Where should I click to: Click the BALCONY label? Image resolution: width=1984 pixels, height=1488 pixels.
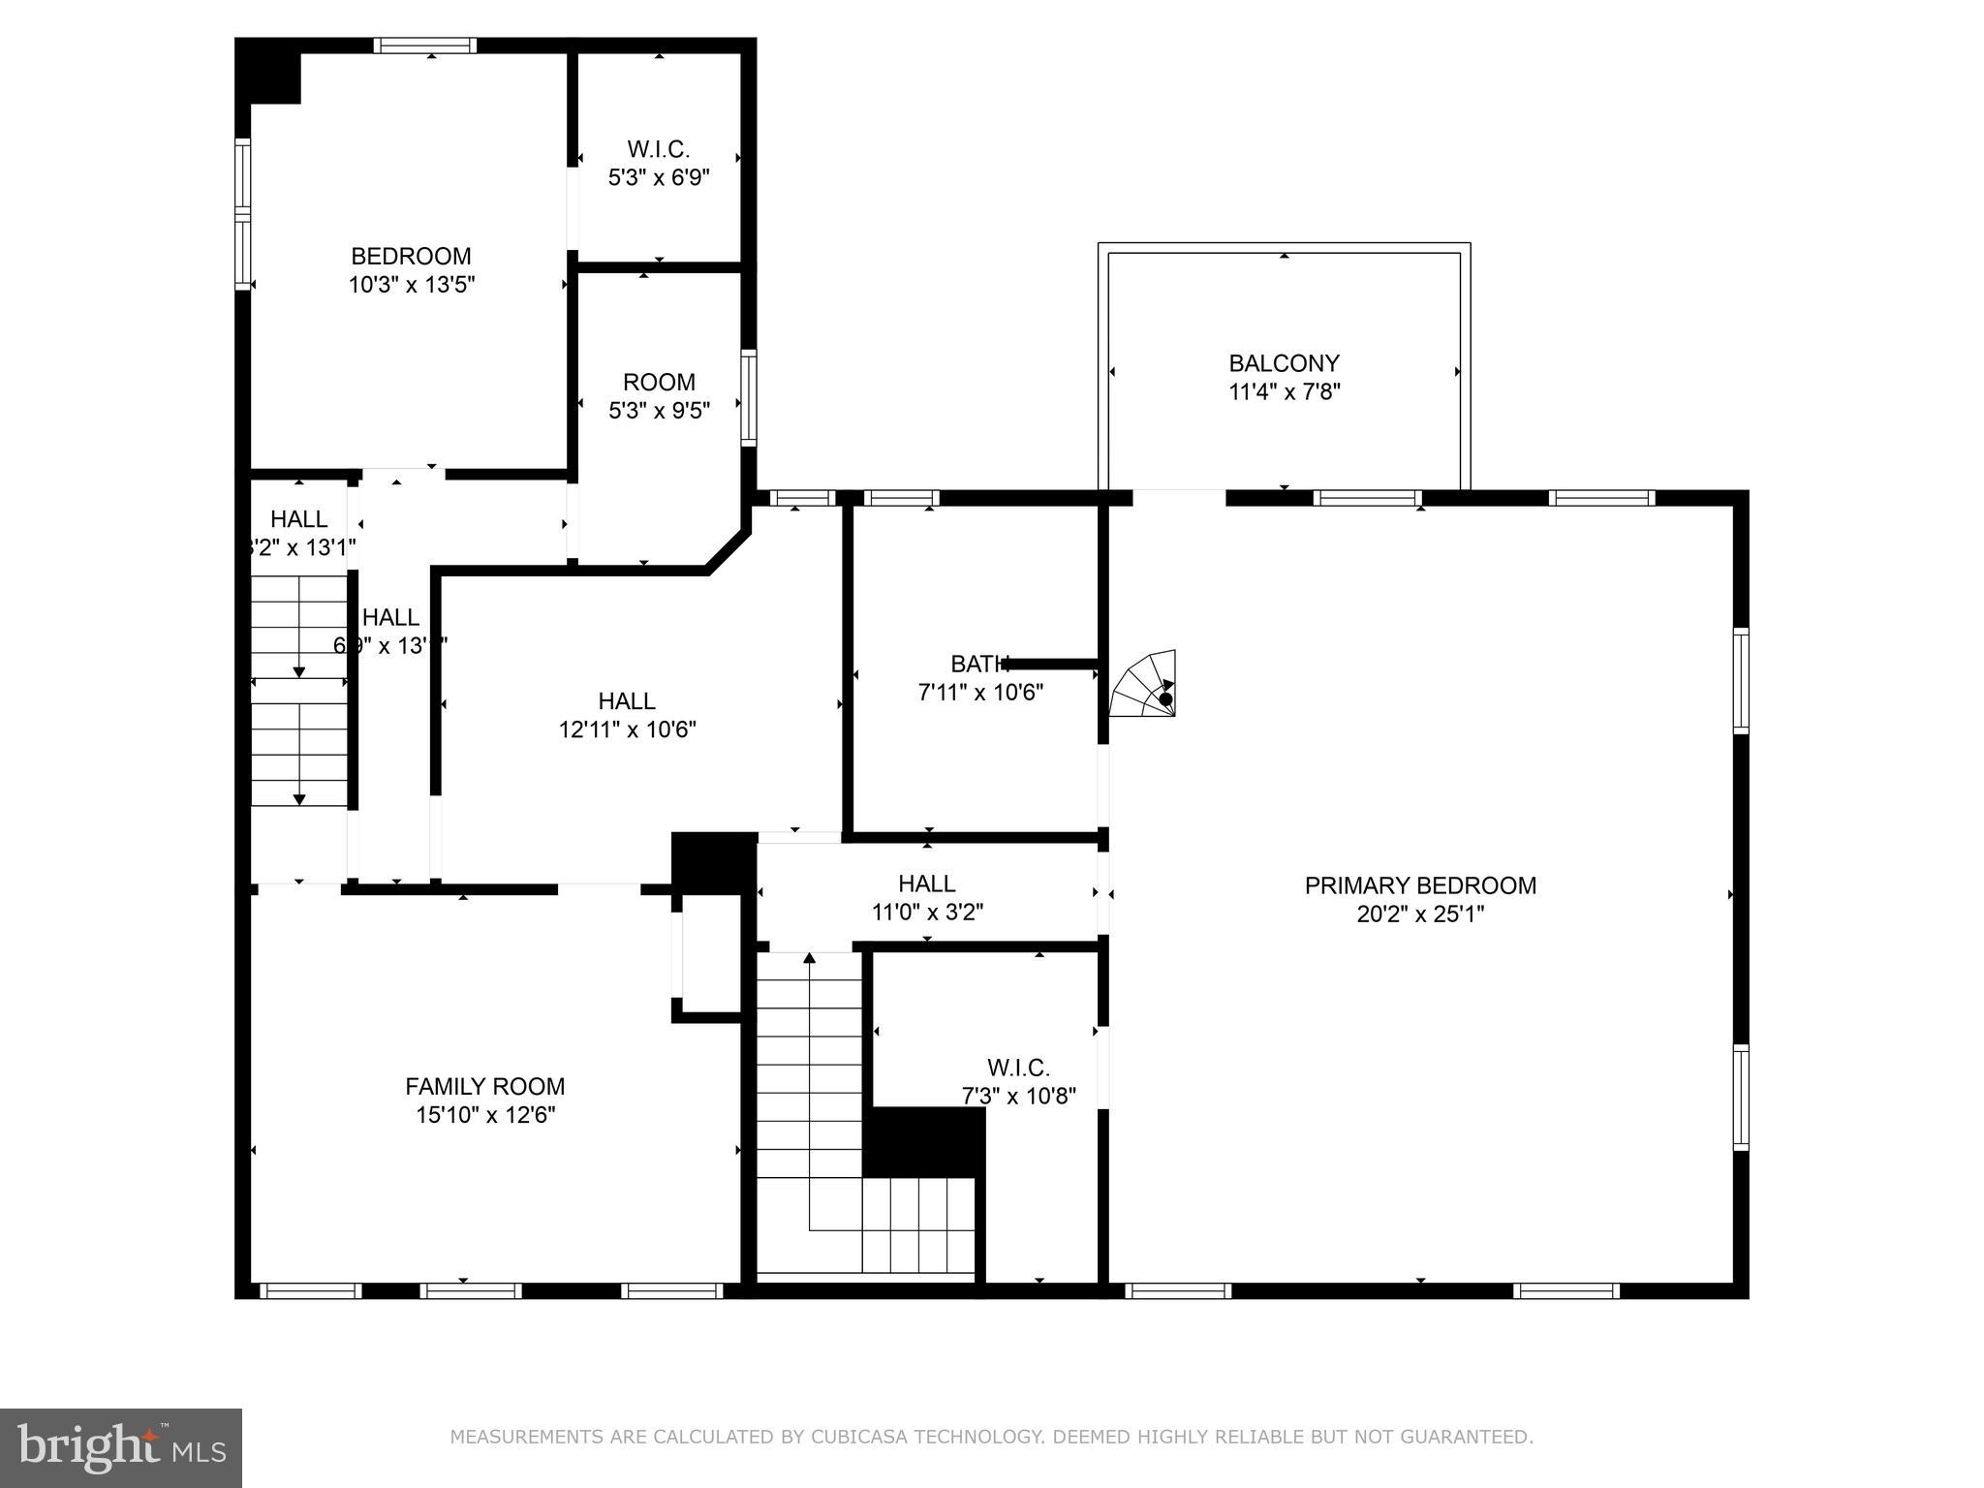point(1284,363)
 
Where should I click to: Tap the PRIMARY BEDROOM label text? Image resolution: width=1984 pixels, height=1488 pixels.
point(1420,885)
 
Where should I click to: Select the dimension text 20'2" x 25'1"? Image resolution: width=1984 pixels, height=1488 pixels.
point(1420,914)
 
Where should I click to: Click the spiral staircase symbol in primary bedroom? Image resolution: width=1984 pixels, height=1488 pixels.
point(1146,686)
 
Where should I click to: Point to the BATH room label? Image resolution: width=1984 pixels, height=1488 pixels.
point(979,664)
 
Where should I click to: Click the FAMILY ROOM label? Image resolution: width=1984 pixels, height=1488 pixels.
point(484,1086)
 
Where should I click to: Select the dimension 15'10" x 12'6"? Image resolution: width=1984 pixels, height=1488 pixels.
point(484,1115)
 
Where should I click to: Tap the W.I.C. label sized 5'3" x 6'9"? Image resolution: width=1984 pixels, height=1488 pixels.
point(659,149)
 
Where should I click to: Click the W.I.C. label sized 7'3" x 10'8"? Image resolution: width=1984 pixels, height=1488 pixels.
point(1018,1068)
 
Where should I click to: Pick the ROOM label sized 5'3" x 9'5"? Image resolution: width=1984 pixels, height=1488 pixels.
point(659,382)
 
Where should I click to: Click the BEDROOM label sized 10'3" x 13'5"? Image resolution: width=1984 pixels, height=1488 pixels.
point(411,256)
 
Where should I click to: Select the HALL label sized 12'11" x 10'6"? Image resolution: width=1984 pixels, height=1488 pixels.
point(627,700)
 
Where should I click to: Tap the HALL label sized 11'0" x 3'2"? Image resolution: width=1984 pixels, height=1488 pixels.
point(927,883)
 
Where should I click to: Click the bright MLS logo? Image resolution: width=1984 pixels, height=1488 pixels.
point(120,1447)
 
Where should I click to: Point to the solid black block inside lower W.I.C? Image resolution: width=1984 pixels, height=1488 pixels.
point(923,1142)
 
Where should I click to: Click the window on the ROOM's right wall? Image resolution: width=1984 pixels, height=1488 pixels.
point(749,397)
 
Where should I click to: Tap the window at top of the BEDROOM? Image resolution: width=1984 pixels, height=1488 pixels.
point(425,46)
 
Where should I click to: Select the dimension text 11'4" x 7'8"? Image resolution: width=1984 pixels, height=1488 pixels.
point(1284,392)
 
